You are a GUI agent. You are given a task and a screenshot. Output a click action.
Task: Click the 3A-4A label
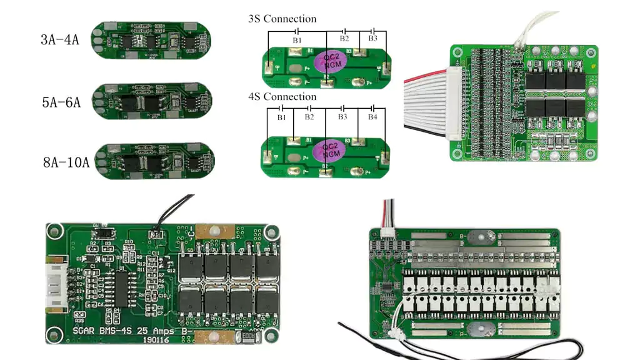click(x=59, y=40)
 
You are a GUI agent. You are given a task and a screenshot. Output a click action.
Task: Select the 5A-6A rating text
click(x=61, y=102)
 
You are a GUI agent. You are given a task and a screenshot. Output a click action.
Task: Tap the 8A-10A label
click(x=66, y=163)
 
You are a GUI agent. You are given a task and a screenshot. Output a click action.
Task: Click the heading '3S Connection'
click(x=282, y=19)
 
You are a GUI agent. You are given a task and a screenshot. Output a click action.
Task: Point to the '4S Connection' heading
click(x=282, y=97)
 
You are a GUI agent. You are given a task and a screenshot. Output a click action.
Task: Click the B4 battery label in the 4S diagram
click(x=372, y=117)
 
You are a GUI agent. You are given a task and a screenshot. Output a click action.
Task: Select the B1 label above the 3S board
click(x=297, y=39)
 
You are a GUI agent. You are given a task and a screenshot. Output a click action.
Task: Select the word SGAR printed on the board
click(x=85, y=329)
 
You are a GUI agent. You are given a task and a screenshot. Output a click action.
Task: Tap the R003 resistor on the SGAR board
click(x=247, y=336)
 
